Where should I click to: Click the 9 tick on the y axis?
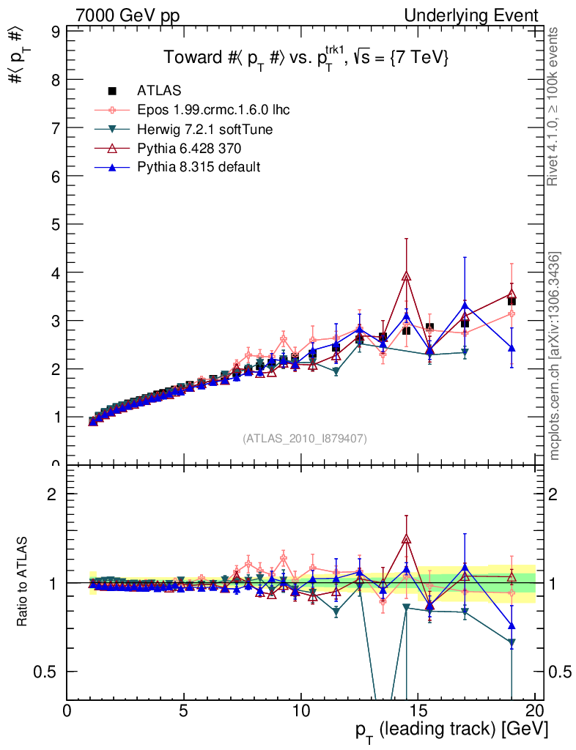(x=56, y=31)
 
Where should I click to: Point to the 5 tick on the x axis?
(x=184, y=710)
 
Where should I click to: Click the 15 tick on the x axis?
(x=418, y=710)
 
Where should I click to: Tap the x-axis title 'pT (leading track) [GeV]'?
(x=451, y=729)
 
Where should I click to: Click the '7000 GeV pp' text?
(x=128, y=15)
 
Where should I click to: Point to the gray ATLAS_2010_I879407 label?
(x=305, y=438)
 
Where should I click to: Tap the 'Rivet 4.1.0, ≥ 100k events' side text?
(x=555, y=106)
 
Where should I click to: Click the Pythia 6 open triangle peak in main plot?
(x=407, y=276)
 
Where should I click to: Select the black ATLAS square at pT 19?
(x=512, y=301)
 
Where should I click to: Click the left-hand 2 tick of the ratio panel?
(x=54, y=493)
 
